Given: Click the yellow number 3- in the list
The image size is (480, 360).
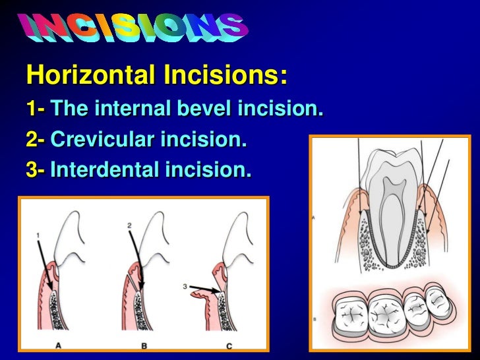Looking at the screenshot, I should click(35, 170).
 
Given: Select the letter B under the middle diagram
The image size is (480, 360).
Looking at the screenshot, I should click(146, 344).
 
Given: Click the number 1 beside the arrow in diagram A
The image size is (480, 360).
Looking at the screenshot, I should click(39, 234).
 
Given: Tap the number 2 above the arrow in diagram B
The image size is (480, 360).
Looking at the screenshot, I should click(131, 225).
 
